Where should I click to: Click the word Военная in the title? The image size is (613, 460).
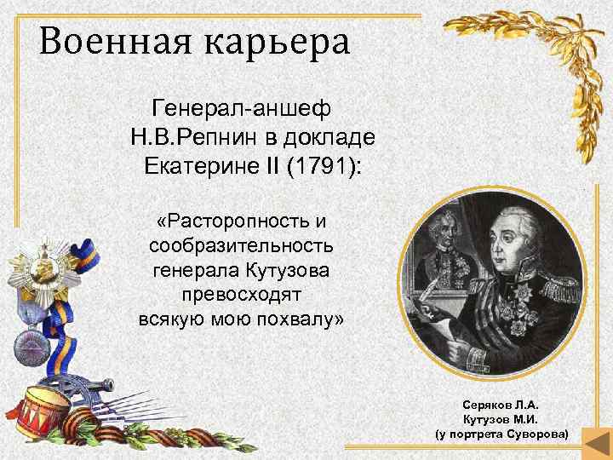(x=90, y=42)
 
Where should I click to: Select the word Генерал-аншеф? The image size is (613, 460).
(x=241, y=109)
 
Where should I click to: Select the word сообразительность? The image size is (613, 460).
(x=241, y=246)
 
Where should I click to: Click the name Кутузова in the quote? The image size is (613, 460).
(x=283, y=271)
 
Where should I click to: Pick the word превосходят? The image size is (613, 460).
(x=241, y=296)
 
